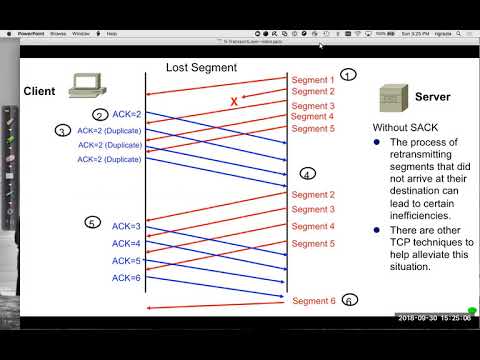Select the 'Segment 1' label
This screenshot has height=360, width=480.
coord(312,78)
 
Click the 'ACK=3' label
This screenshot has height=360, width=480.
coord(126,228)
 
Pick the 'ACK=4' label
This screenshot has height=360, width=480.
coord(126,244)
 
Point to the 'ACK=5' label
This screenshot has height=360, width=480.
coord(126,261)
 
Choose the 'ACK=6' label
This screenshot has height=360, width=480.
coord(126,278)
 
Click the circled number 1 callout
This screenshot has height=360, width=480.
coord(347,75)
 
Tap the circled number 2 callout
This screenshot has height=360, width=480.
coord(100,116)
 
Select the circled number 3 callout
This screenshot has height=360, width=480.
coord(63,131)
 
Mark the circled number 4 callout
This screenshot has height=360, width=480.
coord(307,173)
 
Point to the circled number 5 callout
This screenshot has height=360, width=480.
coord(92,223)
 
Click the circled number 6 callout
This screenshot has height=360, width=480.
coord(349,300)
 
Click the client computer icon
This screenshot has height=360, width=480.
coord(87,90)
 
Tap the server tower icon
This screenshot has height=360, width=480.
coord(392,98)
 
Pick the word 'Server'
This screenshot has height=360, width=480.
coord(432,98)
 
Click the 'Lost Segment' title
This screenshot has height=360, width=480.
coord(201,68)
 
